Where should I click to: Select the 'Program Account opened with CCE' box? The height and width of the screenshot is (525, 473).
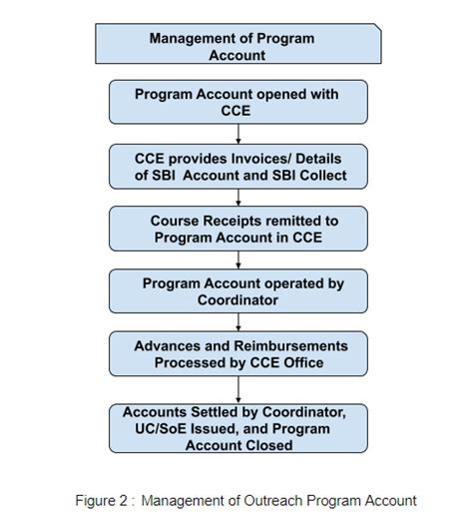[x=237, y=102]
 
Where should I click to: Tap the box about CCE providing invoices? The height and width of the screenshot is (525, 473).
[x=237, y=166]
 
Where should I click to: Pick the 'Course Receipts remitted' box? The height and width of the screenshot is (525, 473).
[x=237, y=228]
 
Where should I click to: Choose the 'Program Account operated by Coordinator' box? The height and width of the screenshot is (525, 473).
[x=237, y=291]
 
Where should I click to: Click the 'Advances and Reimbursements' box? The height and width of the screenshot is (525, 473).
[x=237, y=354]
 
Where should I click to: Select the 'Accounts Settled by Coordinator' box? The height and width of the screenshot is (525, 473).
[x=237, y=428]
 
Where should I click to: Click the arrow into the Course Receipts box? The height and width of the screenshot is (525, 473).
[x=237, y=198]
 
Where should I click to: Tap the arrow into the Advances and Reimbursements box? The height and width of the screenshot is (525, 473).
[x=237, y=323]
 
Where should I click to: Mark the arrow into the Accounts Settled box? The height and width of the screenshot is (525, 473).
[x=237, y=392]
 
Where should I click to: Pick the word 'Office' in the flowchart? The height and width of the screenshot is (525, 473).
[x=300, y=363]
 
